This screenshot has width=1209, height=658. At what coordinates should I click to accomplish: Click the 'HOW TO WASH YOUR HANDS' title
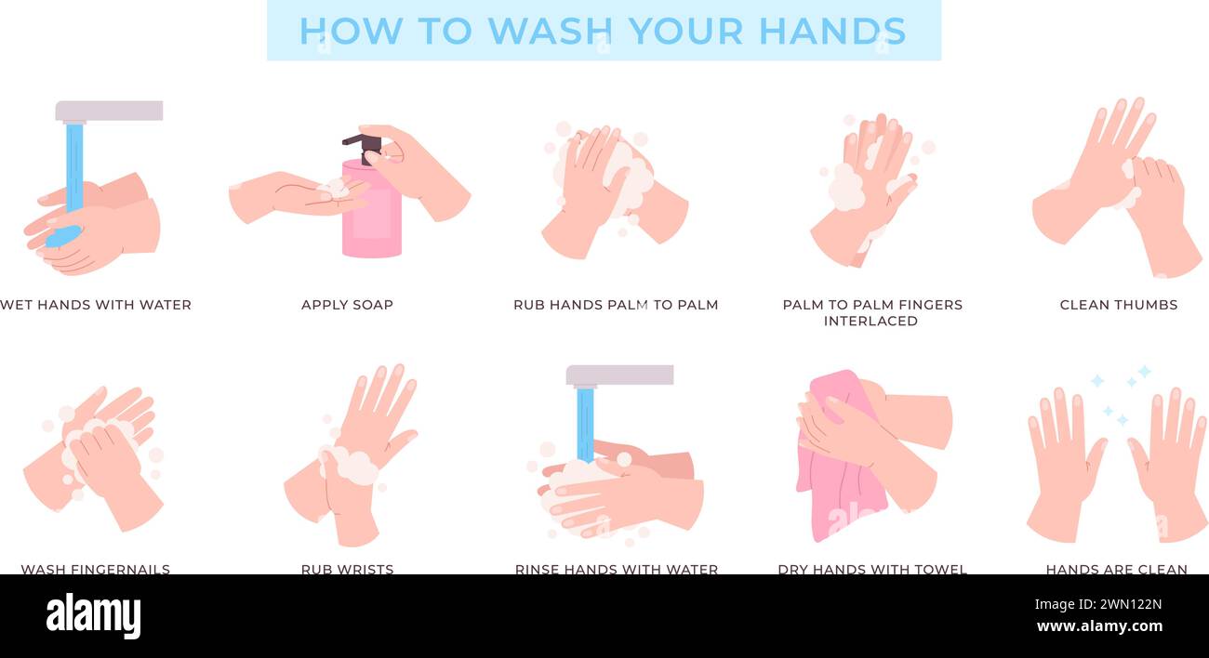point(603,31)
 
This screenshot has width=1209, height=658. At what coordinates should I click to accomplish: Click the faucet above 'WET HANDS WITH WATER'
point(109,112)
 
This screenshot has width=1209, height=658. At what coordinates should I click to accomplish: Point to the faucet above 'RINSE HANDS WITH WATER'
point(619,375)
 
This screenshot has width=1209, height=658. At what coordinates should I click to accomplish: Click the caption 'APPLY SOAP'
point(347,305)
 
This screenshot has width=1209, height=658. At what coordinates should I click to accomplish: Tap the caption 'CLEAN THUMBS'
point(1118,305)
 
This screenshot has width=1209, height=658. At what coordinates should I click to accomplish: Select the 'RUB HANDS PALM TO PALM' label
point(616,305)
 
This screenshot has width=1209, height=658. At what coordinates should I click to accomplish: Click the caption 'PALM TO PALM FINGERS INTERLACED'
point(871,312)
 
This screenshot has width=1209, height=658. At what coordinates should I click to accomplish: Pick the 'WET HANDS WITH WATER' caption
point(96,305)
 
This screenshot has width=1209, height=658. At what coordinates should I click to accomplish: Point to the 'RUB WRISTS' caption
point(347,569)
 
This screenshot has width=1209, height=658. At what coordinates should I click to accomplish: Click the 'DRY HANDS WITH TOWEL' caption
point(871,569)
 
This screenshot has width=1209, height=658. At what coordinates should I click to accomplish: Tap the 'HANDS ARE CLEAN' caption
point(1116,569)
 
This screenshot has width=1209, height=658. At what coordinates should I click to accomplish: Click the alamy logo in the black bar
point(93,616)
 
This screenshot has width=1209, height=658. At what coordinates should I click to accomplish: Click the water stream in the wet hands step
point(74,167)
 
